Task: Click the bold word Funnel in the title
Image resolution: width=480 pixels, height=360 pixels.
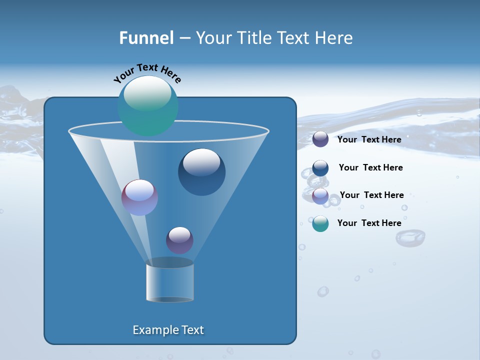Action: [x=146, y=38]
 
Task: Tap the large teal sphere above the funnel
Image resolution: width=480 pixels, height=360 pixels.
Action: [x=148, y=106]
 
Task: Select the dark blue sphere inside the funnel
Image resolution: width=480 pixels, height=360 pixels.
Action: [x=201, y=172]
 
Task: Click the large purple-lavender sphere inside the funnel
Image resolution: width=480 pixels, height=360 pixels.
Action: [x=139, y=197]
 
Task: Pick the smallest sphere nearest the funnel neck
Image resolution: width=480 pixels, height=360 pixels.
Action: [x=179, y=240]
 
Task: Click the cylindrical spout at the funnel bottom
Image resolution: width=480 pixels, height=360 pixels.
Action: [x=170, y=282]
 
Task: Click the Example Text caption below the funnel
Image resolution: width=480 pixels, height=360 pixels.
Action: [x=168, y=330]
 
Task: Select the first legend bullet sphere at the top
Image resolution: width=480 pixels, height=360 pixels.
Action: [x=320, y=139]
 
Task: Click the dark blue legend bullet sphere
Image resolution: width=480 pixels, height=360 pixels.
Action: [x=320, y=168]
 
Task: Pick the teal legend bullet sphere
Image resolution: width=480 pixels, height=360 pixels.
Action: [x=320, y=223]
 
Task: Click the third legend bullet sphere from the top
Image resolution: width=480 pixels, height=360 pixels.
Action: [x=320, y=196]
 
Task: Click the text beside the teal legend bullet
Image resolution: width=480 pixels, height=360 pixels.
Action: [x=369, y=223]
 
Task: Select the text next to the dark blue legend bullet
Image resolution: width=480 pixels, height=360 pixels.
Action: [x=370, y=167]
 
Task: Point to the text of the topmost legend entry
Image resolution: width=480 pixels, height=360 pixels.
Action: [x=369, y=139]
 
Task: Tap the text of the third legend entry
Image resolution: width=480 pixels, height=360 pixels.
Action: [x=371, y=195]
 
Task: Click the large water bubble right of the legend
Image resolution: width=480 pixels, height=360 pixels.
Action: [x=410, y=237]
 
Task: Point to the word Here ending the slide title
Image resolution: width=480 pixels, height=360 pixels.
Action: [x=334, y=38]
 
